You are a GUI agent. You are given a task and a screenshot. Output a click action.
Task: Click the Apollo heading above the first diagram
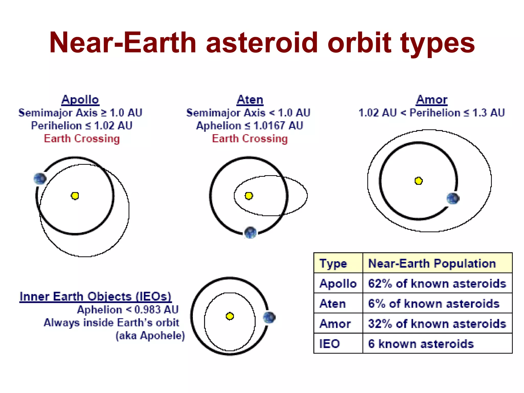(80, 100)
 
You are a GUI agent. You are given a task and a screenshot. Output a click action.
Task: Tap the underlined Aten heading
(250, 100)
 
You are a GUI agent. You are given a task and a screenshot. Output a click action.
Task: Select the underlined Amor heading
(432, 100)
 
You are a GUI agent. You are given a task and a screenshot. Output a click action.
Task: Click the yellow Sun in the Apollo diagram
(75, 196)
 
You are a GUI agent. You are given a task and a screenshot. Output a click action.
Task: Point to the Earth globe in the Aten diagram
(250, 232)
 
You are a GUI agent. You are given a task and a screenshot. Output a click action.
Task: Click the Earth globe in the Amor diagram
(453, 199)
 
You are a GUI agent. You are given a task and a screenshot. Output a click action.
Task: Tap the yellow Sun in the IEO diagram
(230, 316)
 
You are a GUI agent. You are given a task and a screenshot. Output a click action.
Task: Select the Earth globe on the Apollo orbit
(40, 179)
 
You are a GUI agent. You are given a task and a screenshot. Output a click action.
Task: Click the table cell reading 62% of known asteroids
(437, 283)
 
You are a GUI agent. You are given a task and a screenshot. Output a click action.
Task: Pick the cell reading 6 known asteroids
(421, 344)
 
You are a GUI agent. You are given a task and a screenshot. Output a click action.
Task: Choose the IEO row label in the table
(330, 344)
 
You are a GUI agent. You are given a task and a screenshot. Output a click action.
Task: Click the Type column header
(333, 263)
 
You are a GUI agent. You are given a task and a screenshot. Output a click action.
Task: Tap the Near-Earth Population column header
(432, 263)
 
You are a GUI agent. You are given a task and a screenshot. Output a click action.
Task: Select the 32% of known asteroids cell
(437, 324)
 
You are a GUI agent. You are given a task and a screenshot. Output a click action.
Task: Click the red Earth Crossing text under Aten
(250, 138)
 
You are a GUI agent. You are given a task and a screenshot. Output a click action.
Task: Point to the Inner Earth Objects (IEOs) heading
(95, 296)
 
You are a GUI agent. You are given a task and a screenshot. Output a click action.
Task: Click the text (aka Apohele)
(150, 335)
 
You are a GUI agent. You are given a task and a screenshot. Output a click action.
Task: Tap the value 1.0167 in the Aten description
(269, 126)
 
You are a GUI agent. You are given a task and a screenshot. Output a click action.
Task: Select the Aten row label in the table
(333, 304)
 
